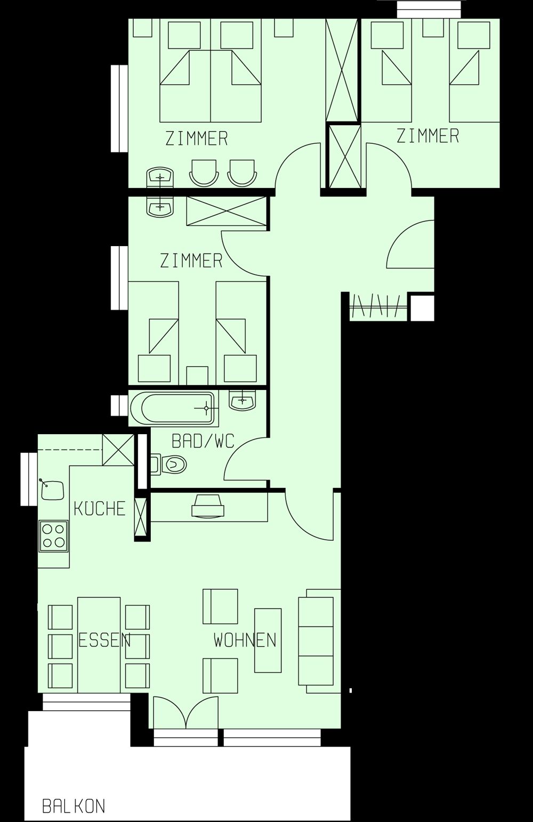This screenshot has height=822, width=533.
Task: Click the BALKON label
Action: tap(74, 806)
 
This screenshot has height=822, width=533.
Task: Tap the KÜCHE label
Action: tap(100, 509)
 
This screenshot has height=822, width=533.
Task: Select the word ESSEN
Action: tap(104, 640)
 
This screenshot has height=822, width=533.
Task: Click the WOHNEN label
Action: tap(245, 640)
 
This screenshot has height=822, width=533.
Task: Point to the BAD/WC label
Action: tap(203, 441)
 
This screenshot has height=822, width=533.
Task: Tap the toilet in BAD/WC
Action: tap(169, 465)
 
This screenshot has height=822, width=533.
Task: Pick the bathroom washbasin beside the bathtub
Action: tap(243, 400)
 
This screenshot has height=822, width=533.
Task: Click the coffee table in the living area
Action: tap(268, 640)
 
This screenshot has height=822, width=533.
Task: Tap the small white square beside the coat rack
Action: tap(422, 307)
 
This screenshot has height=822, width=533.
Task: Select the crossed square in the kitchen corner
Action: tap(118, 450)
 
